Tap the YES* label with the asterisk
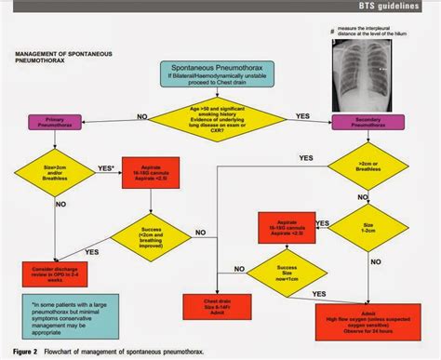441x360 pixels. [106, 168]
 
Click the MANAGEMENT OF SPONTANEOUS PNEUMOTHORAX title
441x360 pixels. [65, 60]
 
